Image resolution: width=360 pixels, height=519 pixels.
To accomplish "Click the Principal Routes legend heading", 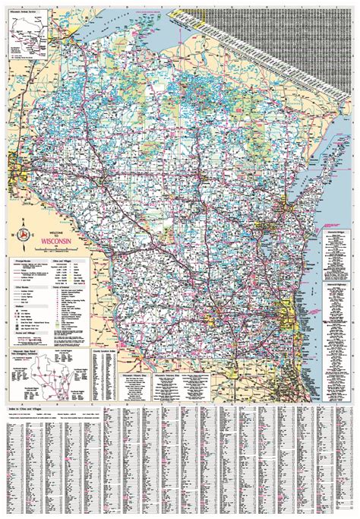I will point(27,260).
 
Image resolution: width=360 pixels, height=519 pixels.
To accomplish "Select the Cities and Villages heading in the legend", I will point(73,260).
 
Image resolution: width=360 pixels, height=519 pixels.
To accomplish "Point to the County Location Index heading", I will point(106,353).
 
